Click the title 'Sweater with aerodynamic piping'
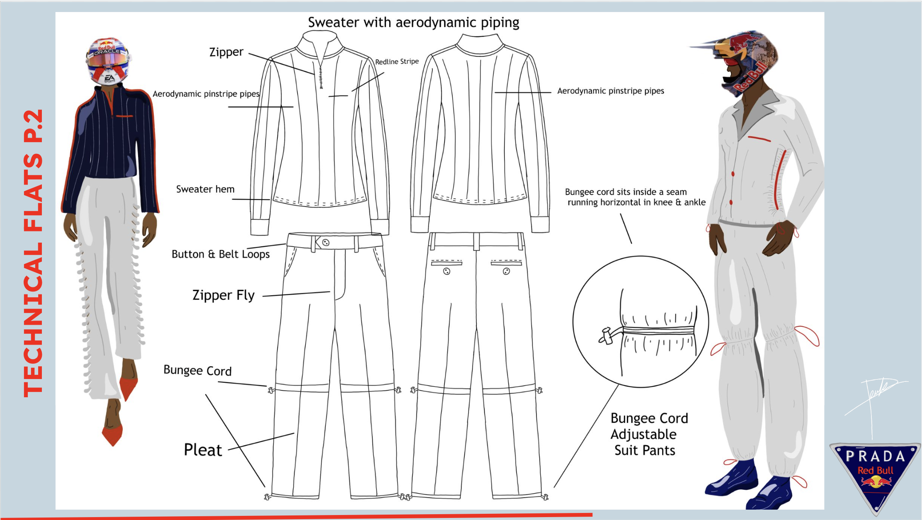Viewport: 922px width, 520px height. [x=413, y=22]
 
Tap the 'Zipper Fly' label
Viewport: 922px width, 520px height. [x=223, y=295]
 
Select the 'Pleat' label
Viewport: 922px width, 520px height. [x=203, y=450]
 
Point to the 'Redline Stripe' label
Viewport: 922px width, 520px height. [x=397, y=62]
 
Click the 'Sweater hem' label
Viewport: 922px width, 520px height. [x=205, y=190]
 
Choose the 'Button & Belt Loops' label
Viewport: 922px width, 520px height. [x=221, y=254]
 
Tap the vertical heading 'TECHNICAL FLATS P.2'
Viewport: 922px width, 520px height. [x=33, y=253]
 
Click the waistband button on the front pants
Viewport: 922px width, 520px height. [x=326, y=243]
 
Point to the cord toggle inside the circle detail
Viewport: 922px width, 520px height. [x=606, y=336]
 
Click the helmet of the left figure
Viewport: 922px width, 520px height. [x=108, y=60]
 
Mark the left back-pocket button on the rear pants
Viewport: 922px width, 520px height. [x=446, y=272]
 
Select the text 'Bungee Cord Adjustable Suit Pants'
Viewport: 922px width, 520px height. [x=649, y=434]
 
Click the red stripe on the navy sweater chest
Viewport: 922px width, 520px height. [x=124, y=116]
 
